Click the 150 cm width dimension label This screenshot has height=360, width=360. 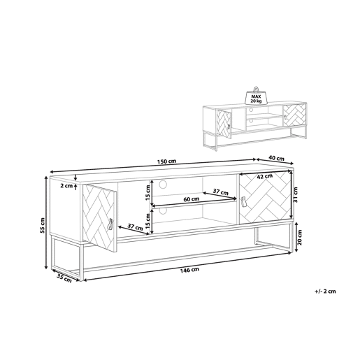point(167,161)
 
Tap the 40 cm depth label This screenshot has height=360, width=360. point(276,158)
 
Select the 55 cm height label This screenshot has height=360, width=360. point(43,226)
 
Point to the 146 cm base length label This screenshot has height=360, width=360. point(189,270)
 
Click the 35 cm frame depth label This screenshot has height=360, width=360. point(64,278)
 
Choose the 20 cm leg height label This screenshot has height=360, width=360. point(300,237)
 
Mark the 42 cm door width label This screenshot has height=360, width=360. point(264,177)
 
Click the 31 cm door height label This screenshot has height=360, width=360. point(296,195)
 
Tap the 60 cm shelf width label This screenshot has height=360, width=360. point(192,199)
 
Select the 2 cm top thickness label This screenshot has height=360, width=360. point(66,186)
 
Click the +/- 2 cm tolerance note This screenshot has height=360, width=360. point(325,291)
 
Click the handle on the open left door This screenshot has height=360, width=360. point(110,224)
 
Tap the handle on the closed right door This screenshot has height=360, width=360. point(243,202)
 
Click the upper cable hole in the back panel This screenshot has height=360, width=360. point(163,184)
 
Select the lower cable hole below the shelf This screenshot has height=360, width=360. point(163,210)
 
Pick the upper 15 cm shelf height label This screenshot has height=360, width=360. point(147,192)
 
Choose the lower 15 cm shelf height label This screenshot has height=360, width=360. point(147,222)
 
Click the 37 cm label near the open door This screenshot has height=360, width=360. point(135,226)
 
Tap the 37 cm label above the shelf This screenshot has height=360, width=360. point(221,192)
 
